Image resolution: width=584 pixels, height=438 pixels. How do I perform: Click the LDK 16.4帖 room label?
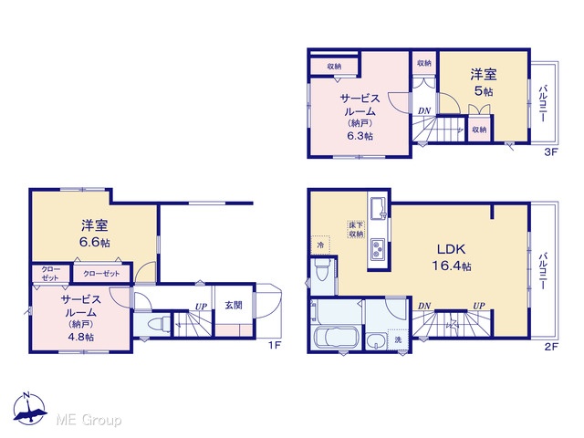452,257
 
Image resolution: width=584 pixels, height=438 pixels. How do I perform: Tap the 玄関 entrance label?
234,306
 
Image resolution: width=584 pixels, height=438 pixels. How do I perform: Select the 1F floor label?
275,345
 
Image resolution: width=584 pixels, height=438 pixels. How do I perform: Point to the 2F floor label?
551,347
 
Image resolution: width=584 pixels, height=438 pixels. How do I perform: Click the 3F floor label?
551,151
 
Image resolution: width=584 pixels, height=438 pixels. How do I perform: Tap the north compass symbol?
30,408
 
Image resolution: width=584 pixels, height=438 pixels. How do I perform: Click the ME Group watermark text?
89,421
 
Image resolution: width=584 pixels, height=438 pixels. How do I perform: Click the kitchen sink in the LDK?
379,208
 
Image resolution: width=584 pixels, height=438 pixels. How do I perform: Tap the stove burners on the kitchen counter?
379,249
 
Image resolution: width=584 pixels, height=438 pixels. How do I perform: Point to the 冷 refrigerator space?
320,245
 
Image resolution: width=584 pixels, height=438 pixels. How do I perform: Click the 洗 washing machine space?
398,339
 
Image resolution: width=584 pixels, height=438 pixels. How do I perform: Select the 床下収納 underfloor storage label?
356,230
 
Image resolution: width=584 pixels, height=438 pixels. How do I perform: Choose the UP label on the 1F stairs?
201,307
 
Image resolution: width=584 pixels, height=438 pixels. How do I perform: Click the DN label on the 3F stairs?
423,110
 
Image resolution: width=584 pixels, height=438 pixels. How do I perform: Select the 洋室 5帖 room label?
484,83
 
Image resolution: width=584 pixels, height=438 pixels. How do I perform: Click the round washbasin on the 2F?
376,341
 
